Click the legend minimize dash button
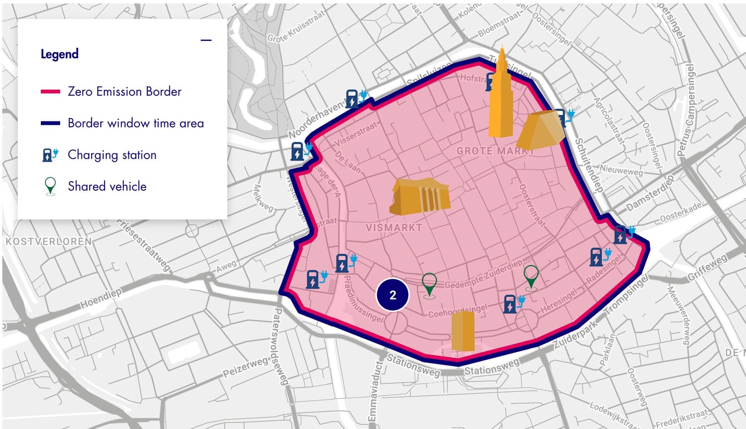206,40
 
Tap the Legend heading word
59,54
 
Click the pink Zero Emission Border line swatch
51,92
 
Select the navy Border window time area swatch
51,123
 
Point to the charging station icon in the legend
50,155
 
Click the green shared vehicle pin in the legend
50,186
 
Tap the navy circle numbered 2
392,295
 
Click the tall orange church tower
500,97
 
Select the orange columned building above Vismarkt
420,196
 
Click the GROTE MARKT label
494,151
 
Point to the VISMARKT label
394,228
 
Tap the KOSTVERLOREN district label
49,242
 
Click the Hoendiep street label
101,298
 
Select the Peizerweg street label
246,367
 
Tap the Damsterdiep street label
649,194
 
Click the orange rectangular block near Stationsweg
463,331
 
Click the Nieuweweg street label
621,170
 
